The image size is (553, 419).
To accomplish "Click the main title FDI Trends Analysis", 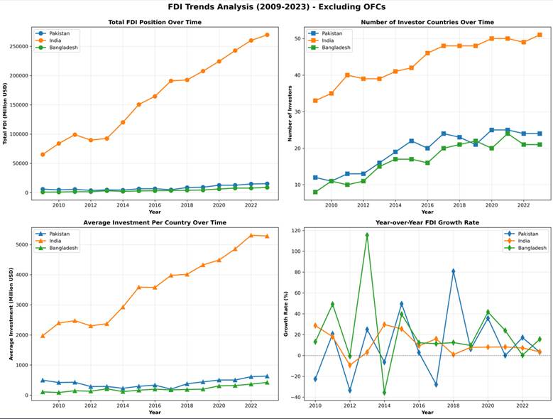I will click(277, 6).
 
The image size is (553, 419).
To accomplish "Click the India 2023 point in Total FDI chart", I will click(267, 35).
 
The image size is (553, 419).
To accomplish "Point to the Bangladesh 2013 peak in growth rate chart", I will click(367, 235).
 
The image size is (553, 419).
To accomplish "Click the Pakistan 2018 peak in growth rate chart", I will click(453, 271).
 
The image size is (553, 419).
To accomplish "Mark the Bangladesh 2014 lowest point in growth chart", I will click(384, 393).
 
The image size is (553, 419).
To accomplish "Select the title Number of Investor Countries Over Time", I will click(427, 22).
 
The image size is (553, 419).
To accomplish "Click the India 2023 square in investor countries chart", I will click(540, 35).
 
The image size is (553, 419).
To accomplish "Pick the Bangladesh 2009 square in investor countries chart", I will click(314, 192).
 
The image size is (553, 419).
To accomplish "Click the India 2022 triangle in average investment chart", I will click(251, 235).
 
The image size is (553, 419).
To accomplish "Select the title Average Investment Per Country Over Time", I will click(154, 222).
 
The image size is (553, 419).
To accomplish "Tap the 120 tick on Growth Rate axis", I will click(300, 231).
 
